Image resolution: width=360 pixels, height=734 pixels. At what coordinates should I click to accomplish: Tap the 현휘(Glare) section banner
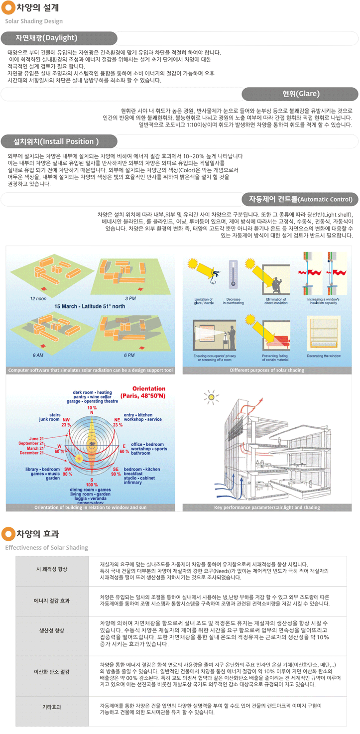point(300,94)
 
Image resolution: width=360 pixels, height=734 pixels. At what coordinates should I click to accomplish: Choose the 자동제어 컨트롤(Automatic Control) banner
point(300,199)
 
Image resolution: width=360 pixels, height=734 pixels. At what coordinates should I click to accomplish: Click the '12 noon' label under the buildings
point(38,298)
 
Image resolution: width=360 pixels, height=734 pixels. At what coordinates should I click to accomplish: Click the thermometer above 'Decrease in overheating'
point(233,274)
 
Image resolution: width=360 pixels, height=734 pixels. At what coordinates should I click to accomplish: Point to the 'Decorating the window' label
point(324,356)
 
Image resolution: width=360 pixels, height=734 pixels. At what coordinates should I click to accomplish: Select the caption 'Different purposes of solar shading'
point(267,370)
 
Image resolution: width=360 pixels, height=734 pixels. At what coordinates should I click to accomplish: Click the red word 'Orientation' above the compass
point(149,388)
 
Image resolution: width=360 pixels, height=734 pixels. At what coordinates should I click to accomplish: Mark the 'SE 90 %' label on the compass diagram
point(116,472)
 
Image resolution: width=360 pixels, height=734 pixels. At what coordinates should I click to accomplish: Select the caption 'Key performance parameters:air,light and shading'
point(267,507)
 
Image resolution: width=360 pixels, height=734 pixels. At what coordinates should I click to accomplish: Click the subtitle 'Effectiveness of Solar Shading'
point(46,548)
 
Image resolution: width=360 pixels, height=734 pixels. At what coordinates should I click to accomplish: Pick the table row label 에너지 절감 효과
point(52,601)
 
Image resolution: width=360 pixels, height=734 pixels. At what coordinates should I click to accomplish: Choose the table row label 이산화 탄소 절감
point(52,672)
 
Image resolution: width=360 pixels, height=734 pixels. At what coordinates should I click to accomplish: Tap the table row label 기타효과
point(52,707)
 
